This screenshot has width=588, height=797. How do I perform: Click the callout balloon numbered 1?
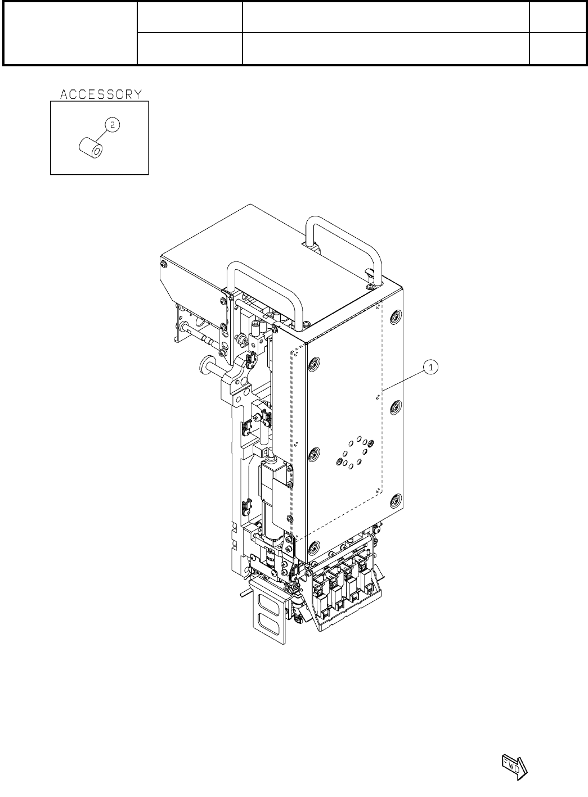coord(431,367)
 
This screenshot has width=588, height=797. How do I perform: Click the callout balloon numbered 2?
coord(113,125)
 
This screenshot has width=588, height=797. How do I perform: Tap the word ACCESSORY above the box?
coord(101,94)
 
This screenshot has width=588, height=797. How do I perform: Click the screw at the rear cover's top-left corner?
coord(164,264)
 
